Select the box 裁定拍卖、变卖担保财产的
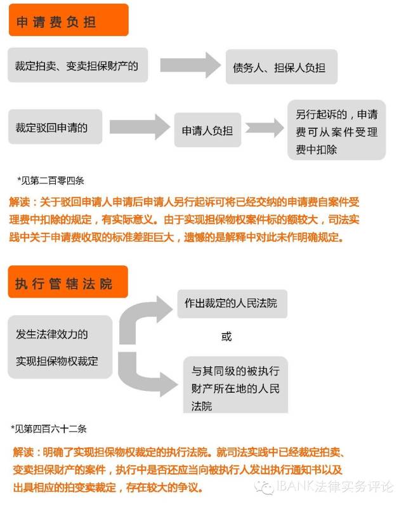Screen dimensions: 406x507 pyautogui.click(x=77, y=65)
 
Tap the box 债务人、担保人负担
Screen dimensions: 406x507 pyautogui.click(x=282, y=67)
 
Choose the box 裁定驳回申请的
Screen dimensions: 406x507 pyautogui.click(x=55, y=127)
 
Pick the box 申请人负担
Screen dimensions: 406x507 pyautogui.click(x=207, y=130)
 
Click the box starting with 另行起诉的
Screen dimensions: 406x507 pyautogui.click(x=336, y=130)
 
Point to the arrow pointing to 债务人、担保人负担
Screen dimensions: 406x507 pyautogui.click(x=190, y=65)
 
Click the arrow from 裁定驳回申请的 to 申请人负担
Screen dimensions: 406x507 pyautogui.click(x=140, y=127)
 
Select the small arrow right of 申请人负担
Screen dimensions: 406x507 pyautogui.click(x=265, y=128)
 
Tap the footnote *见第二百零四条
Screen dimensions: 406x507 pyautogui.click(x=51, y=180)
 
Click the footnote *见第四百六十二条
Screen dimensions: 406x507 pyautogui.click(x=49, y=429)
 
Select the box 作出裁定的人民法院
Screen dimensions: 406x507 pyautogui.click(x=232, y=303)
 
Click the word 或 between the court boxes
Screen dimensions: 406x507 pyautogui.click(x=226, y=337)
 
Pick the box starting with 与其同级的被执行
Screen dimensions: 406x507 pyautogui.click(x=235, y=385)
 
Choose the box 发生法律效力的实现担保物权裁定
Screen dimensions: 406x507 pyautogui.click(x=60, y=347)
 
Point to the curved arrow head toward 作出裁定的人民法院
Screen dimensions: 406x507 pyautogui.click(x=164, y=309)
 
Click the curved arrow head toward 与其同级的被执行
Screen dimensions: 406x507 pyautogui.click(x=168, y=384)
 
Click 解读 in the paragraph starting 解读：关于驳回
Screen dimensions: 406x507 pyautogui.click(x=20, y=202)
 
